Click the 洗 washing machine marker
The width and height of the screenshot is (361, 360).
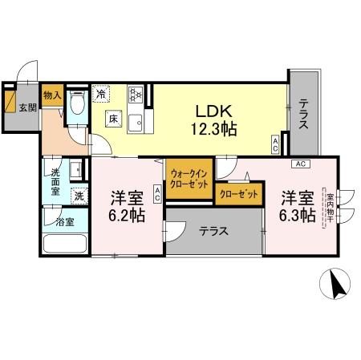click(x=79, y=195)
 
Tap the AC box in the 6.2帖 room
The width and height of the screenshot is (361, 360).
click(x=157, y=193)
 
